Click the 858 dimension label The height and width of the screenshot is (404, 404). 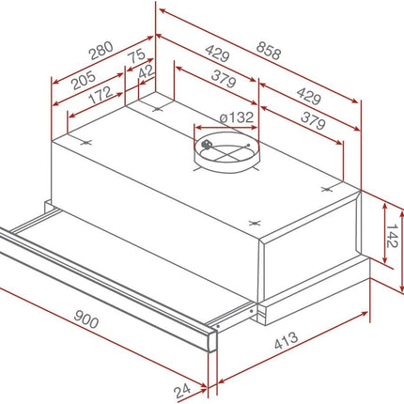pos(269,51)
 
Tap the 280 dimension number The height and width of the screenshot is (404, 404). pos(101,51)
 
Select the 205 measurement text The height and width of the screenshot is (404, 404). pos(84,80)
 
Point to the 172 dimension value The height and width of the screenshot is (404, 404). pos(101,95)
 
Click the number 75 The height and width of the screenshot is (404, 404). pos(137,55)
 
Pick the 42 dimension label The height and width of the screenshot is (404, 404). pos(146,72)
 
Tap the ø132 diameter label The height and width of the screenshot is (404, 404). pos(237,117)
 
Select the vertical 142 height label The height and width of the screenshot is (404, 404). pos(392,236)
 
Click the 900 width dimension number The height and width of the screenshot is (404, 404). pos(86,319)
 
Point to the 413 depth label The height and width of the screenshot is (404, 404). pos(286,340)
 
